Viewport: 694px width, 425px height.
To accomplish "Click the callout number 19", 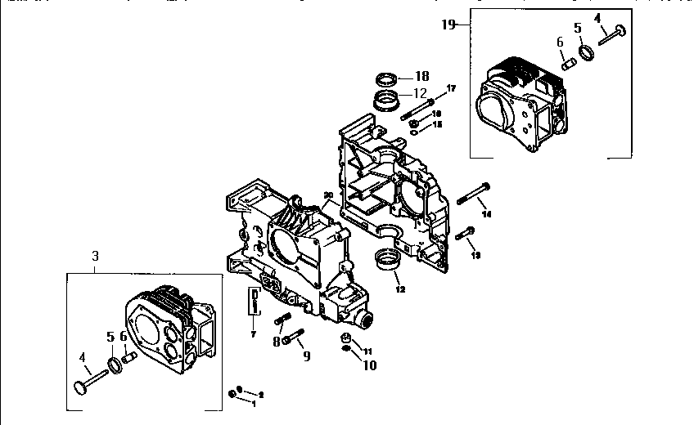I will click(x=448, y=25).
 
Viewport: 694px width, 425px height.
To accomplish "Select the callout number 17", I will click(x=451, y=88).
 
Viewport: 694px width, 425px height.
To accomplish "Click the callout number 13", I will click(x=475, y=255).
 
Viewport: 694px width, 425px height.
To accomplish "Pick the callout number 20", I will click(x=327, y=195).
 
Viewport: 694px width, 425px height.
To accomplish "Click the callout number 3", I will click(x=95, y=256).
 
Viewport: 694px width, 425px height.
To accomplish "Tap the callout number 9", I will click(x=306, y=356).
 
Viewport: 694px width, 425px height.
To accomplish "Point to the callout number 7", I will click(x=254, y=334).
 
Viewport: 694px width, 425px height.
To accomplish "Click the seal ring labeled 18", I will click(x=387, y=79).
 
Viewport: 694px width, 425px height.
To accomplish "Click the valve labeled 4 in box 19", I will click(x=613, y=34).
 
